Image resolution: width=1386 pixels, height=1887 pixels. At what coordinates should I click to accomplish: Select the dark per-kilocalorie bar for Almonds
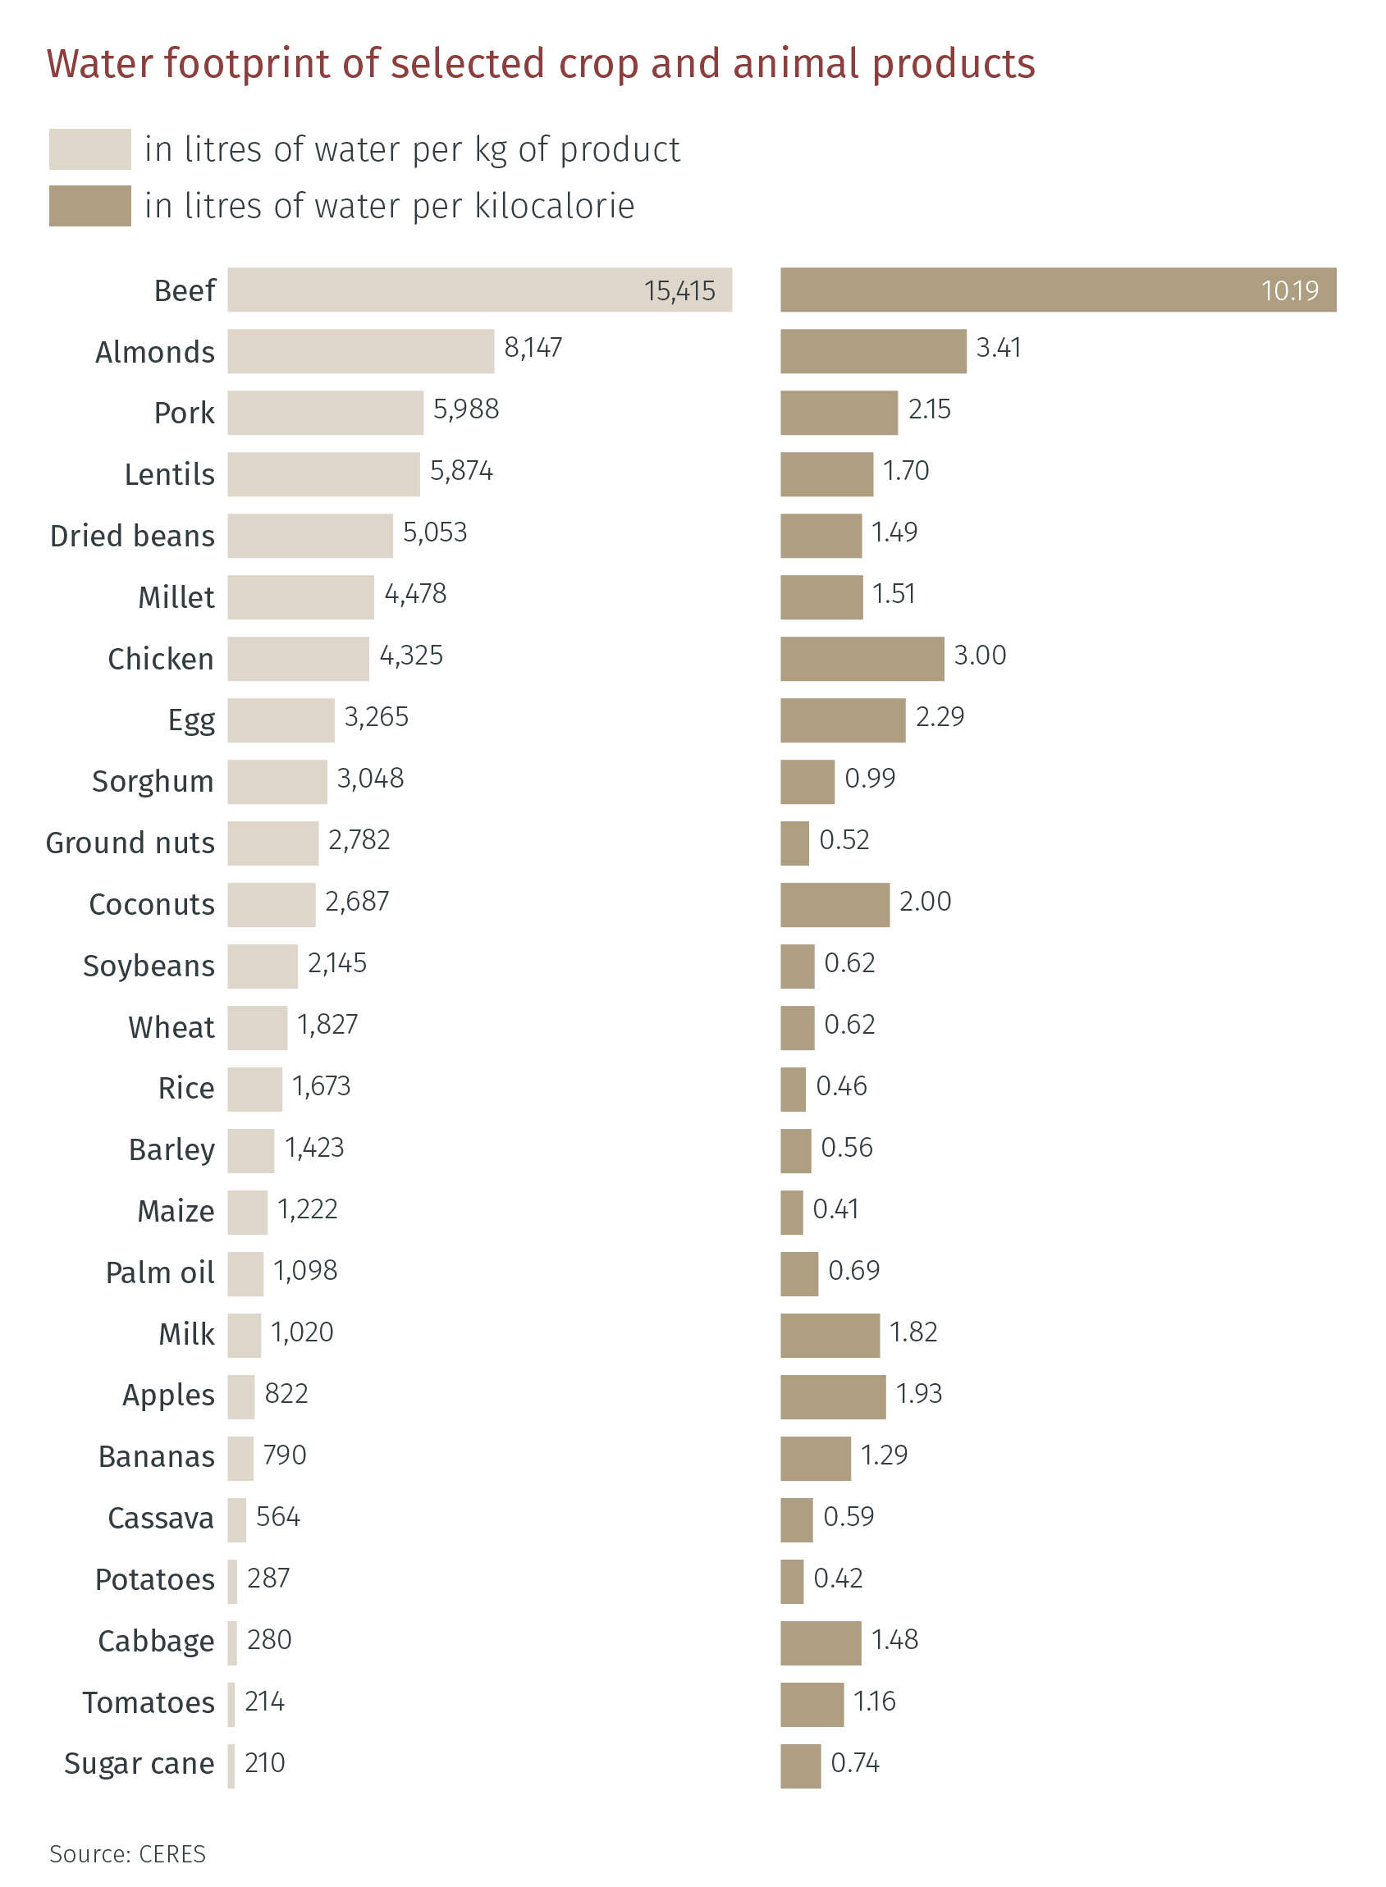click(872, 351)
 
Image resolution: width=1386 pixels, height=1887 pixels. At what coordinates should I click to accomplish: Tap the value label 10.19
click(1289, 291)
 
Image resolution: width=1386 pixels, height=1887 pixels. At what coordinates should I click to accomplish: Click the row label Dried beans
click(133, 536)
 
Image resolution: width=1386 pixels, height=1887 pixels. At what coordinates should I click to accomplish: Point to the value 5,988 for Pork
click(465, 409)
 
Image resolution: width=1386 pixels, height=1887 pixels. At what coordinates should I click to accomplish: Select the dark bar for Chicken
click(862, 658)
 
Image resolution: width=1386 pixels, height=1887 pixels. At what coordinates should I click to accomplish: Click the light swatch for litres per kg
click(89, 149)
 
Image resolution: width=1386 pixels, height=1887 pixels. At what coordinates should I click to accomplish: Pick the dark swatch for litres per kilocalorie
click(89, 205)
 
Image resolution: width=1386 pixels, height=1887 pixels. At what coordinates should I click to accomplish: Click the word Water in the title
click(99, 64)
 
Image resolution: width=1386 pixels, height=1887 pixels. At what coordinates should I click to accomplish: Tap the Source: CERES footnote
click(127, 1853)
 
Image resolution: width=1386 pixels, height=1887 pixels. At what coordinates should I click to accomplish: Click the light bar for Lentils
click(323, 474)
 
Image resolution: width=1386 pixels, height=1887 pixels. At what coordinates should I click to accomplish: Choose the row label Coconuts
click(152, 904)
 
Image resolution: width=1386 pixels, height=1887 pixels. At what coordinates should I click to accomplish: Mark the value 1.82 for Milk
click(913, 1332)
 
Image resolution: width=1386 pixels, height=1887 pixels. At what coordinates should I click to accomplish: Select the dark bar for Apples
click(832, 1396)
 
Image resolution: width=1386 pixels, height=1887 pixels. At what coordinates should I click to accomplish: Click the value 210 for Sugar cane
click(264, 1763)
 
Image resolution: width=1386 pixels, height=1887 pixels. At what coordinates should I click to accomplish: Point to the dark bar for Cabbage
click(821, 1643)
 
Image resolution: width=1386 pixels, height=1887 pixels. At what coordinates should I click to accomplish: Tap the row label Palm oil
click(159, 1272)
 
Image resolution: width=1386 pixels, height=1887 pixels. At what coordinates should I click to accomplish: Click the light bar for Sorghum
click(277, 782)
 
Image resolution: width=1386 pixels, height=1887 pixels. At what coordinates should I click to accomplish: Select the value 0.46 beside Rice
click(841, 1086)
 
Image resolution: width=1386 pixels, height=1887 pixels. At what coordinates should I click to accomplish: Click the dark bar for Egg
click(842, 720)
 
